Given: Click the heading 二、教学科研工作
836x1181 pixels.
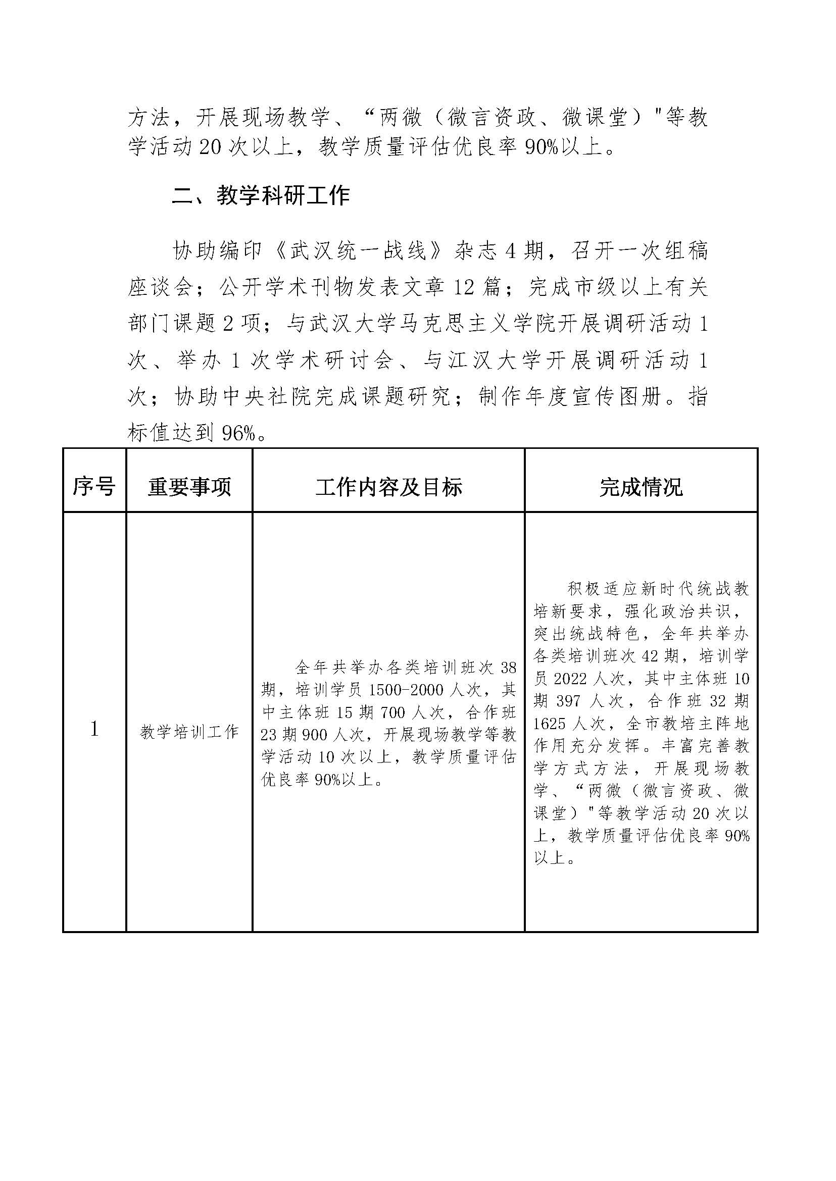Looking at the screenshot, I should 261,196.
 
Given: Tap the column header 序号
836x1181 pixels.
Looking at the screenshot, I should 93,486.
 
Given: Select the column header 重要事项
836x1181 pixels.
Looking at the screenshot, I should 189,487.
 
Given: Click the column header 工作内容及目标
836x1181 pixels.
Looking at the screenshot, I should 388,487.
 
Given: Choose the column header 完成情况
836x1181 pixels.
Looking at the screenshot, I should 641,487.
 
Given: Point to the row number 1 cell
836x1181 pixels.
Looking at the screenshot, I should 94,729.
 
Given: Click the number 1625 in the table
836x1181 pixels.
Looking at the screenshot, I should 549,724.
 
